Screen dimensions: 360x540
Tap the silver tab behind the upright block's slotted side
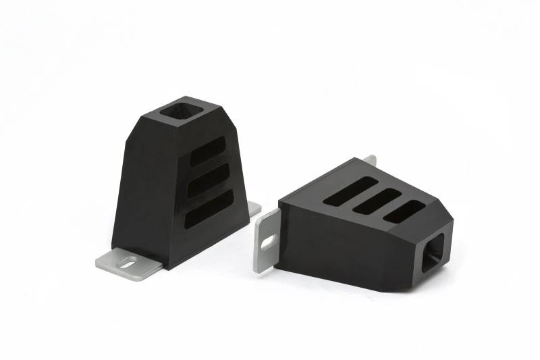pyautogui.click(x=254, y=209)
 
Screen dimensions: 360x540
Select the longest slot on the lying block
pyautogui.click(x=350, y=191)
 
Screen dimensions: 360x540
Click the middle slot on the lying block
pyautogui.click(x=377, y=201)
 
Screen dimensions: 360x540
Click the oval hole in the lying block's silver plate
pyautogui.click(x=269, y=240)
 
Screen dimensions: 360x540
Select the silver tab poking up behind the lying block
pyautogui.click(x=369, y=161)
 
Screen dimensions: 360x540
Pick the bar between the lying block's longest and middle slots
pyautogui.click(x=364, y=196)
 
